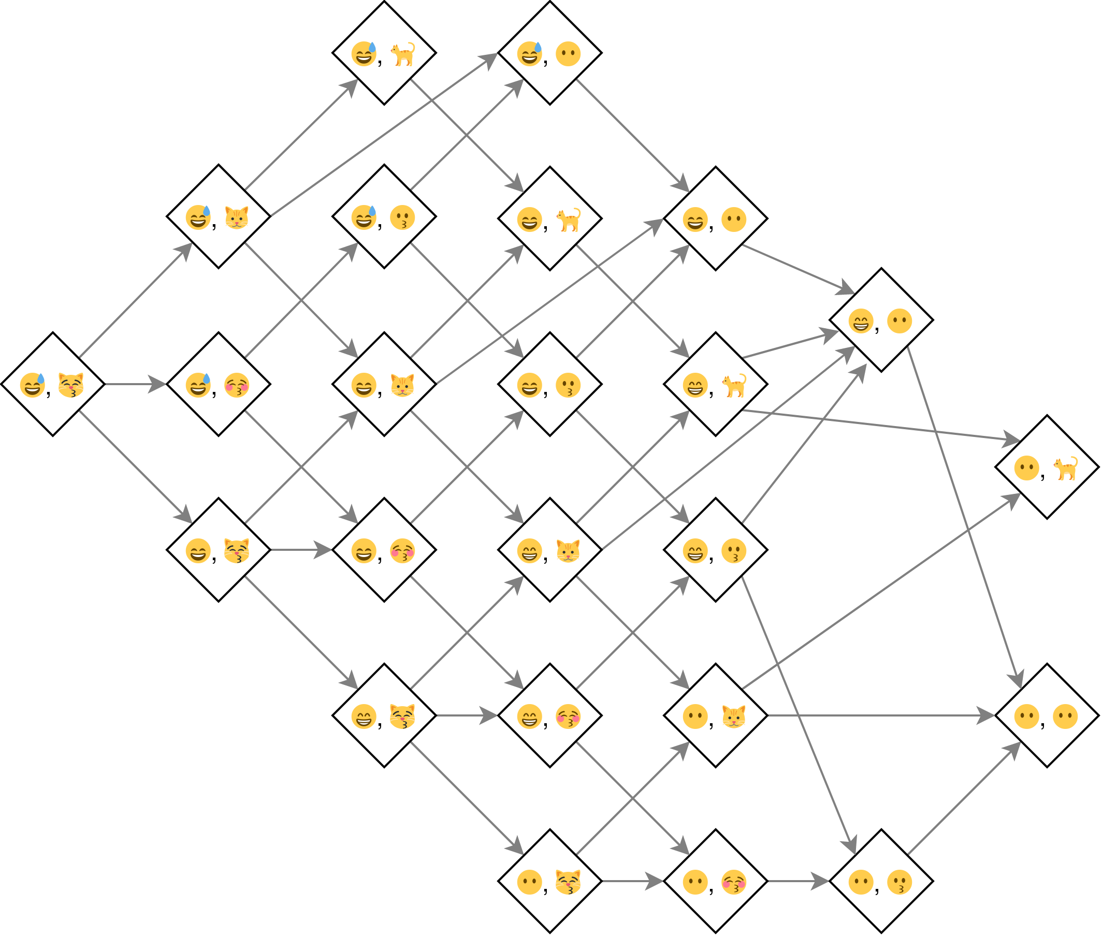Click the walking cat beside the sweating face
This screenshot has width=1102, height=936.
[x=402, y=54]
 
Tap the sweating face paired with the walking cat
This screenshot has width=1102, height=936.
[x=364, y=54]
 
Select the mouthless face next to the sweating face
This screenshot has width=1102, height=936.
[x=568, y=54]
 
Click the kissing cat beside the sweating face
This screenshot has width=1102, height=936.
[x=71, y=385]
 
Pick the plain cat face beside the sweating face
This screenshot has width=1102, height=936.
[x=237, y=217]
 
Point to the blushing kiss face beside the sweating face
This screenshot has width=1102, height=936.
[x=237, y=385]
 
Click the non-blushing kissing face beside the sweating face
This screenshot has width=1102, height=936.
[x=402, y=217]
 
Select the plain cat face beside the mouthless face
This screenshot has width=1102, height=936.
[x=734, y=716]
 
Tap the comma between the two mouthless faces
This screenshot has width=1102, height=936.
[x=1042, y=724]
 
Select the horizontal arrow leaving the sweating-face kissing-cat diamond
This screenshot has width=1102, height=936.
[x=135, y=384]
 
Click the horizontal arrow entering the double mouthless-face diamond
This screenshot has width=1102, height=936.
[x=881, y=715]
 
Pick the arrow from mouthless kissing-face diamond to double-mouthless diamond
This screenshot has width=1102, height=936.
[x=963, y=799]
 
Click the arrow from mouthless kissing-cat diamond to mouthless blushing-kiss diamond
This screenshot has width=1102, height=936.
[x=632, y=881]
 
